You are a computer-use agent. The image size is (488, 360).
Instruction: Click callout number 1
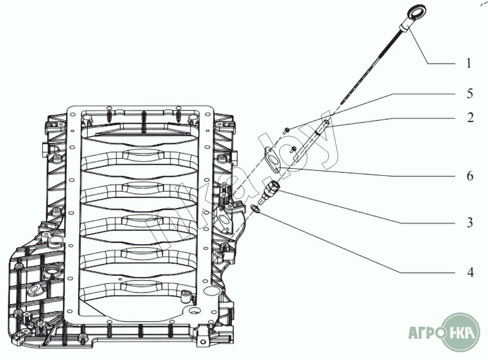(x=469, y=63)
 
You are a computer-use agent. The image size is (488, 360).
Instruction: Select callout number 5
(x=469, y=94)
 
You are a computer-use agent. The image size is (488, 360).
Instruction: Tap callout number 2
(x=470, y=118)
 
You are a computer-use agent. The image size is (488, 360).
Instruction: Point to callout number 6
(x=470, y=176)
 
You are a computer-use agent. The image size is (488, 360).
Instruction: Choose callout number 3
(x=470, y=223)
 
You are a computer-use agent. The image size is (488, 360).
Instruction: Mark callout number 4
(x=470, y=273)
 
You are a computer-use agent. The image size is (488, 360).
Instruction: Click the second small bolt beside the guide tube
(x=293, y=150)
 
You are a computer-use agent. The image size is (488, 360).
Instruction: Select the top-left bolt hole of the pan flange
(x=73, y=114)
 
